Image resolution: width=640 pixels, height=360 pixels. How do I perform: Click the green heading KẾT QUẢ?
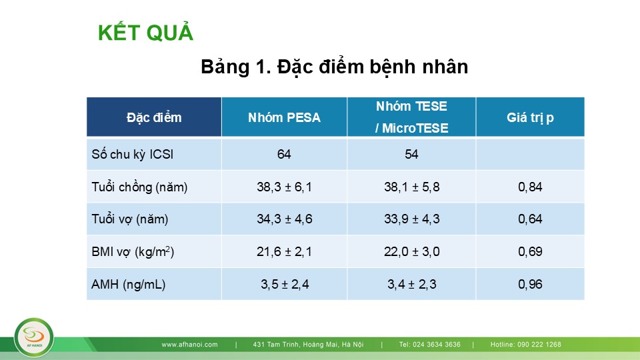pos(145,32)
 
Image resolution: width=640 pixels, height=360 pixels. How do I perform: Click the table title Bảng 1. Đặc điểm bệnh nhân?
pos(334,67)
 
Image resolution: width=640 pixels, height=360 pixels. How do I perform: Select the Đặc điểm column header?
pos(154,117)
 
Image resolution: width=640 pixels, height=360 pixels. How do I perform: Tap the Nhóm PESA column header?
pos(284,117)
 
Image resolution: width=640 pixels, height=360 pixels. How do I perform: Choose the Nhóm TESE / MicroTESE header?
pos(411,117)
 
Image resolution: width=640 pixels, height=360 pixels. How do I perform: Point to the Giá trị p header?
pos(530,117)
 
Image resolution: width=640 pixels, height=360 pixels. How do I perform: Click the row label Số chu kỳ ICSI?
pos(132,154)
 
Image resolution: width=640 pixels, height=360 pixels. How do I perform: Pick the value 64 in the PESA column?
pos(284,154)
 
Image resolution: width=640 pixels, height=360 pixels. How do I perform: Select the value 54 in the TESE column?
pos(411,154)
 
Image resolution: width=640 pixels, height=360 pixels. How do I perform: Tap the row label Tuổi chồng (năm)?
pos(139,187)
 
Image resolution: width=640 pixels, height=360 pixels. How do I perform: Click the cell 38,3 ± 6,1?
pos(284,187)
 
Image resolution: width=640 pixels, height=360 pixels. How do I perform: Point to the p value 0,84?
pos(530,187)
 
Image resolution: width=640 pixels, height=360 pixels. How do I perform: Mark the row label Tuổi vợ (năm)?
pos(130,219)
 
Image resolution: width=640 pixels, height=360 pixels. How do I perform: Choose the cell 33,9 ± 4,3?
pos(411,219)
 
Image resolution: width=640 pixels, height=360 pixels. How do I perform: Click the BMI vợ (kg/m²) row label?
pos(133,251)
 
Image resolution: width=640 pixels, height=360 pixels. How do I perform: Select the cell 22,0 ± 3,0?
pos(411,251)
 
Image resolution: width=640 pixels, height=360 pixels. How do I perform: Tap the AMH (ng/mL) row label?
pos(128,284)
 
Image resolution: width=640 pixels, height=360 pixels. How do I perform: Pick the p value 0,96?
pos(530,284)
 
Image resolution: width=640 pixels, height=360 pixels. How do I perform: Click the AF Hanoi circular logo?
pos(34,337)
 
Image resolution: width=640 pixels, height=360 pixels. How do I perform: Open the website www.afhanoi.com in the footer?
pos(189,345)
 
